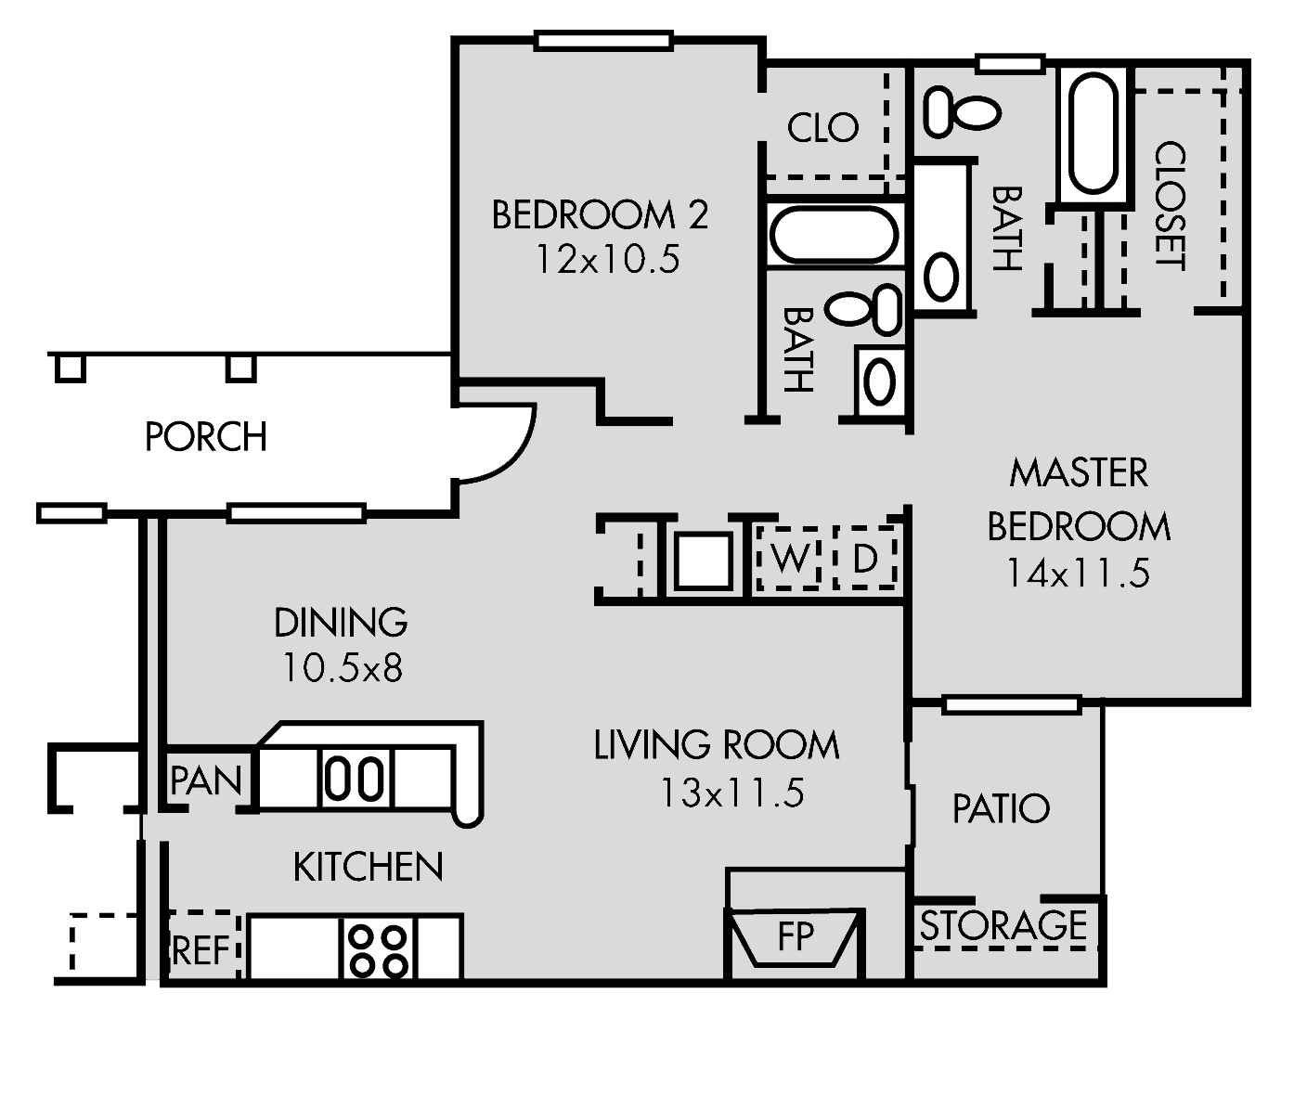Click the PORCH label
[x=205, y=436]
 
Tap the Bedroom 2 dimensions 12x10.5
[x=607, y=260]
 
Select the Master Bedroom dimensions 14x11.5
[x=1078, y=573]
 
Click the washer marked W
[x=789, y=559]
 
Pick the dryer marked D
[x=864, y=559]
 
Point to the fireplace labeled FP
[x=795, y=937]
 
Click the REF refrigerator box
[x=201, y=949]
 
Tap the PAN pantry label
[x=205, y=781]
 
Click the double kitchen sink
[x=356, y=778]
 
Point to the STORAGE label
[x=1003, y=926]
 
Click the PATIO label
[x=1001, y=809]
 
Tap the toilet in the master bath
[x=962, y=111]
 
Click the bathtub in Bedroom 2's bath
[x=833, y=234]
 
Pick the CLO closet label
[x=822, y=128]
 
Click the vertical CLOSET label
[x=1170, y=205]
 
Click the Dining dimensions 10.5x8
[x=342, y=668]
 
